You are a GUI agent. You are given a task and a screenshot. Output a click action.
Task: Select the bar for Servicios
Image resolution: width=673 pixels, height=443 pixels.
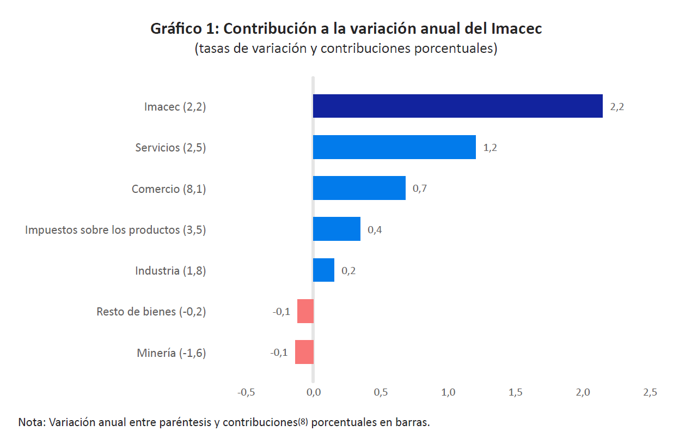coord(394,147)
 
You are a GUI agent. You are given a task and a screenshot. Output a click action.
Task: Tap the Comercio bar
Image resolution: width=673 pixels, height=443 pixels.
coord(359,188)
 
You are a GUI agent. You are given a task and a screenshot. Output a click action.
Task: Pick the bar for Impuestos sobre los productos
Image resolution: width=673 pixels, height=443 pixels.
coord(337,229)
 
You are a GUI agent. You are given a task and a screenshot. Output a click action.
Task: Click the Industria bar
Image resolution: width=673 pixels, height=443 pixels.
coord(323,270)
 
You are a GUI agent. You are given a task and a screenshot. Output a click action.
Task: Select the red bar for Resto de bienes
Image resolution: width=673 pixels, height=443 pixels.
coord(305,311)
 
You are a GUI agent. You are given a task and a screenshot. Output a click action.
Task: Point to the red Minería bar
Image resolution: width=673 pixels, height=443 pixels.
coord(304,352)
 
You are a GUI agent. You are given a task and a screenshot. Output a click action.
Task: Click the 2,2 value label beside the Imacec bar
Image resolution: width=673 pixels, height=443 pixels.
coord(617,107)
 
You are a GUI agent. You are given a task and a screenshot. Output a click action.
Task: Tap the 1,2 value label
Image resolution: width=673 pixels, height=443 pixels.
coord(490,148)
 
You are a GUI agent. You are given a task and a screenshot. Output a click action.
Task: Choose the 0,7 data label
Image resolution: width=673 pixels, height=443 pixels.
coord(419,189)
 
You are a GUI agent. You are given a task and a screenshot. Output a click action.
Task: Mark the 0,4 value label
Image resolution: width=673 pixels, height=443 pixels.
coord(375,229)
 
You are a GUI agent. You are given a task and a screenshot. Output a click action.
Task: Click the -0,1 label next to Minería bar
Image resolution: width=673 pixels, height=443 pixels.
coord(279,353)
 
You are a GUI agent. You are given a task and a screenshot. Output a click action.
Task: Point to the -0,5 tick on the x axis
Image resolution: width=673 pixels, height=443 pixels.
coord(246,392)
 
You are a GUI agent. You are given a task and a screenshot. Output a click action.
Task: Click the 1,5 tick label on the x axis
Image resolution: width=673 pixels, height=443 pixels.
coord(515,392)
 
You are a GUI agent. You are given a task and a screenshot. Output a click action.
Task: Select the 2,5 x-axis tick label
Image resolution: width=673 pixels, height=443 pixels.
coord(650,392)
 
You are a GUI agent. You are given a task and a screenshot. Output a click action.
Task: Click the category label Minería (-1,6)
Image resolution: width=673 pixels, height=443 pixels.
coord(172,353)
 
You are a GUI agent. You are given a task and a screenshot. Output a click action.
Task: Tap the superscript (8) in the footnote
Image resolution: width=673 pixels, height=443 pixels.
coord(303,422)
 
